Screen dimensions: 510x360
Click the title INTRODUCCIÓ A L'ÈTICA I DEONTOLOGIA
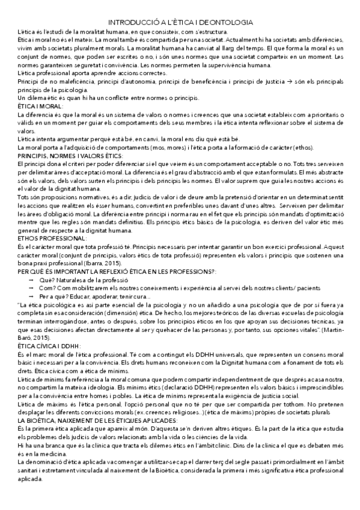pos(180,21)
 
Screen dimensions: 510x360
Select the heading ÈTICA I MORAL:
pos(36,106)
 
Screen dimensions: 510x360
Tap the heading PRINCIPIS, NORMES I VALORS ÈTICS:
pos(62,156)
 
